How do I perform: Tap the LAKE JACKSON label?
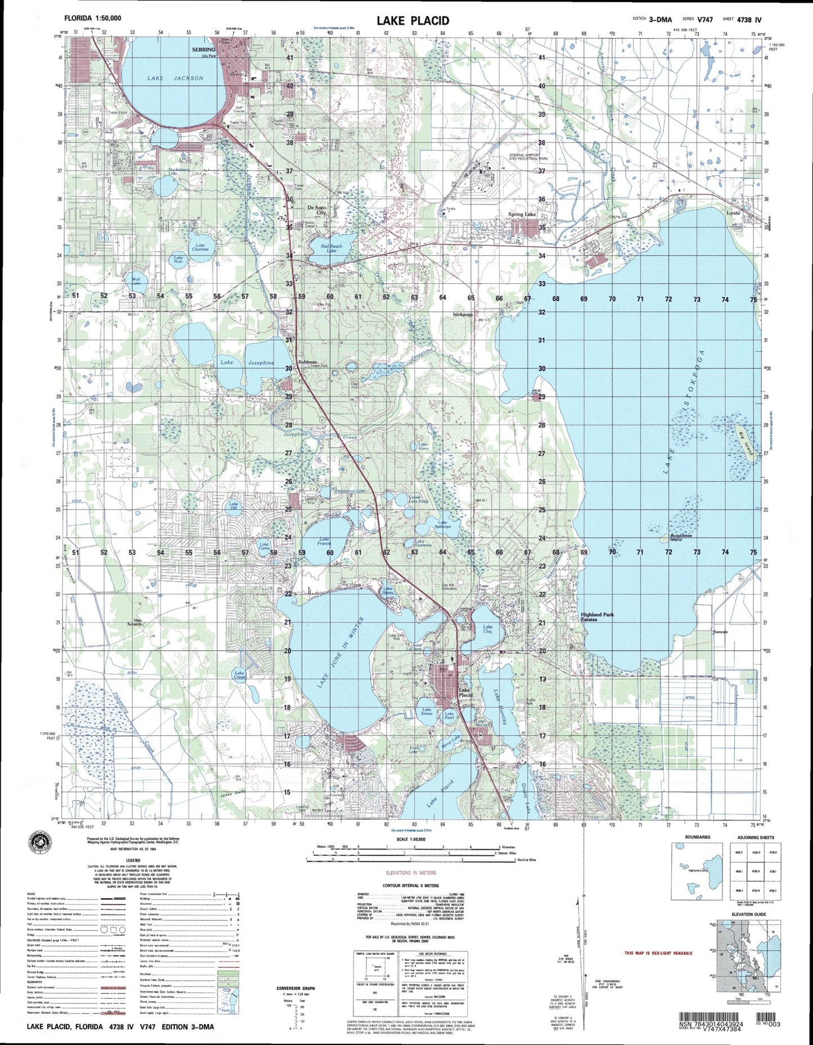(x=176, y=78)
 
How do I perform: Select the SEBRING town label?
(x=204, y=50)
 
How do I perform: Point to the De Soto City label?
(x=317, y=209)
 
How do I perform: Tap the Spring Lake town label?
(x=522, y=215)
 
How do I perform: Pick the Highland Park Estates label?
(x=597, y=617)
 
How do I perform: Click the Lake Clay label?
(x=488, y=629)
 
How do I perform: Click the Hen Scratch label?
(x=134, y=622)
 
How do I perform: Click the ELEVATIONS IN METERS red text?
(x=411, y=873)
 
